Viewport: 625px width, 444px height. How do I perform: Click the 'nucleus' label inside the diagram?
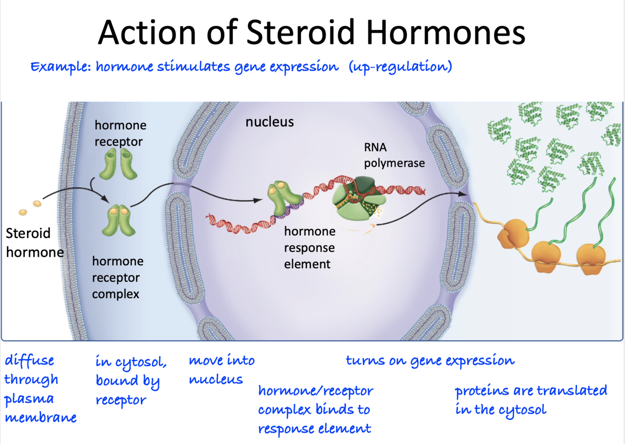(x=269, y=122)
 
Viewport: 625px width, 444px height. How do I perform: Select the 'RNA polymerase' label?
(x=394, y=155)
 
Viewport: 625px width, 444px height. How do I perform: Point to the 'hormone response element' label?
(x=309, y=247)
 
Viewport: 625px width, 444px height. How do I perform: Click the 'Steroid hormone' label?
(x=34, y=243)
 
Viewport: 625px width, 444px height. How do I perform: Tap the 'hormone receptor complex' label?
(x=117, y=277)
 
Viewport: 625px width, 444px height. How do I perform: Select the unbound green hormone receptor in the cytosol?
(x=120, y=164)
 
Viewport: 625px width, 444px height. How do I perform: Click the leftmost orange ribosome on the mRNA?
(x=513, y=234)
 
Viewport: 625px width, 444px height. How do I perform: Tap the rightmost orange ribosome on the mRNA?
(x=591, y=258)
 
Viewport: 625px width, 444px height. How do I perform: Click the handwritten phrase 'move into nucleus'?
(x=221, y=370)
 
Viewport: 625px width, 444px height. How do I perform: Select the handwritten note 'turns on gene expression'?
(x=430, y=361)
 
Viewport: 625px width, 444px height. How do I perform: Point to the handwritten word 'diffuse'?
(x=29, y=361)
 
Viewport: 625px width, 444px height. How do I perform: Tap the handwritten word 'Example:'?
(x=60, y=67)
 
